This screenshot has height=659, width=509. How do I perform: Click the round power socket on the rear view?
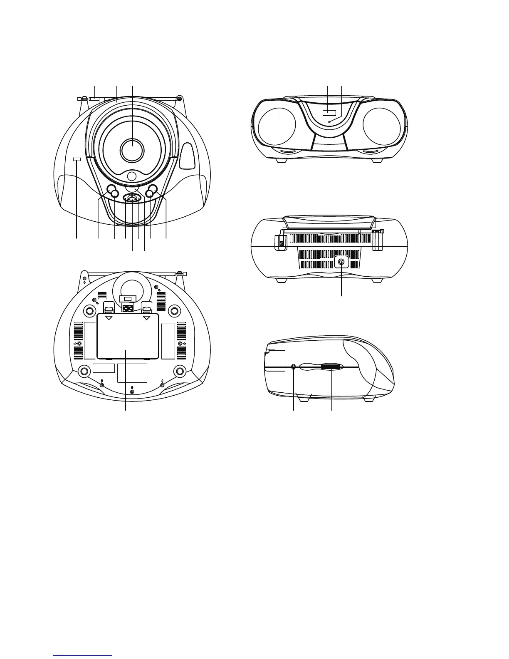341,262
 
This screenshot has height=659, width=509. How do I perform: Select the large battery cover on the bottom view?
127,336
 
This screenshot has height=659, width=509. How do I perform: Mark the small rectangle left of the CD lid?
77,159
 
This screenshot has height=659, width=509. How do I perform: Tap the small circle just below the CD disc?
132,176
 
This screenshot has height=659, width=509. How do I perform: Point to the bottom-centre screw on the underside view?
132,391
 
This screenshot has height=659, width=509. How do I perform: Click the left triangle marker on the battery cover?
109,318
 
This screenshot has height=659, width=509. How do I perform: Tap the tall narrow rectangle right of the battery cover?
168,340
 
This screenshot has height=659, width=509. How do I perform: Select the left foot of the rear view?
282,280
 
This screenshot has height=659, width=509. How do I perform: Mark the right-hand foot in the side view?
368,400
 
